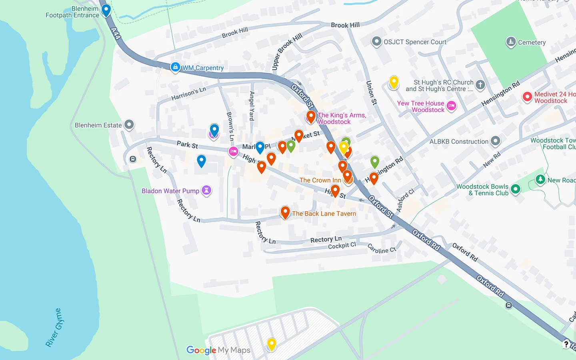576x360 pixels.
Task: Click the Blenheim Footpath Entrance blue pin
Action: click(x=106, y=10)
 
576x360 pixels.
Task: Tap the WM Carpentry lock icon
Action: click(x=175, y=67)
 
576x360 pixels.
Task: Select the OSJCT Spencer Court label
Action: click(x=415, y=42)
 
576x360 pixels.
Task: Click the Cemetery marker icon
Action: click(x=511, y=42)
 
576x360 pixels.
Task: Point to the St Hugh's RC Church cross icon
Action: click(x=480, y=84)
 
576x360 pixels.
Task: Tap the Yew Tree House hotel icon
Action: click(x=452, y=106)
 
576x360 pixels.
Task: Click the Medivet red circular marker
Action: click(x=527, y=97)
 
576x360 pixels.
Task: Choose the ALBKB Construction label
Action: click(x=459, y=142)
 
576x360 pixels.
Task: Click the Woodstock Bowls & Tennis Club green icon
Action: click(x=516, y=189)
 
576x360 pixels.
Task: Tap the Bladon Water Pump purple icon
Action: click(x=206, y=190)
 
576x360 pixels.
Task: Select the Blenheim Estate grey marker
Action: click(x=129, y=125)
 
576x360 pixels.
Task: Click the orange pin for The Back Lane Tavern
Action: click(x=285, y=212)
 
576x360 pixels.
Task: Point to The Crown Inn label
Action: click(x=320, y=180)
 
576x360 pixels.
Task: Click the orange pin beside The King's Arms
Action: click(x=311, y=117)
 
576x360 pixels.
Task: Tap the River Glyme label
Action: click(x=54, y=328)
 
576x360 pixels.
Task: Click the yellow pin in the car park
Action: click(x=272, y=344)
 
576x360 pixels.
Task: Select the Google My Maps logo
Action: click(x=218, y=350)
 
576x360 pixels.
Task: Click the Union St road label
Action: click(x=372, y=93)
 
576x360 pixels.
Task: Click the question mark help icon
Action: click(x=566, y=344)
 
